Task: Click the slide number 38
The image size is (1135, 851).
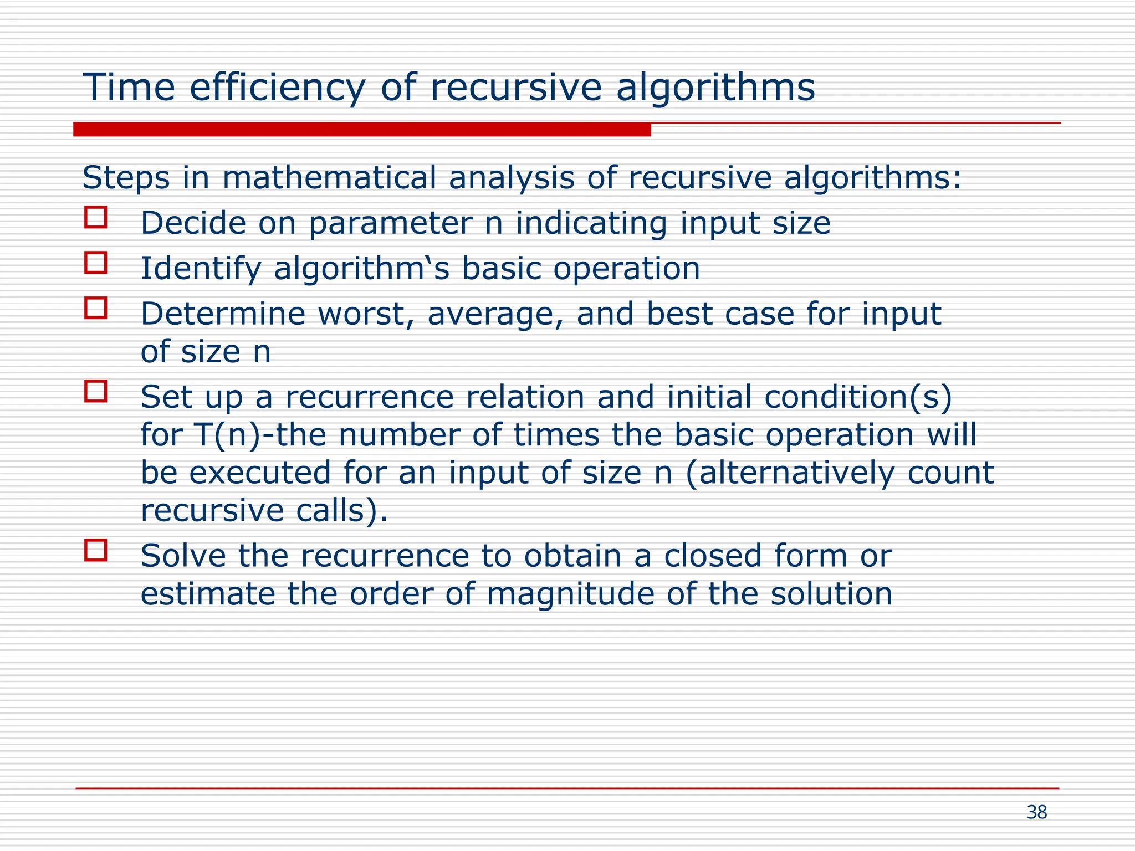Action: (x=1037, y=812)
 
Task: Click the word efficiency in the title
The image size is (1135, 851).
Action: (x=277, y=88)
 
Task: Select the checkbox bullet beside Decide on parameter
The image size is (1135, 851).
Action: (x=96, y=217)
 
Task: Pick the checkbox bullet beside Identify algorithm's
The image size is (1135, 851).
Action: (x=96, y=263)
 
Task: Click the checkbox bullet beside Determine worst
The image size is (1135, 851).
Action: (x=96, y=308)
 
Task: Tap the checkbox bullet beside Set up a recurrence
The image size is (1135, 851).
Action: (x=96, y=391)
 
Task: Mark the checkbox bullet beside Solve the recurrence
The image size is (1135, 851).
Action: (x=96, y=551)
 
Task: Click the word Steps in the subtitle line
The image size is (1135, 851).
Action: (x=126, y=178)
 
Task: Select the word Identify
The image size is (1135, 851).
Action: (x=201, y=269)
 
